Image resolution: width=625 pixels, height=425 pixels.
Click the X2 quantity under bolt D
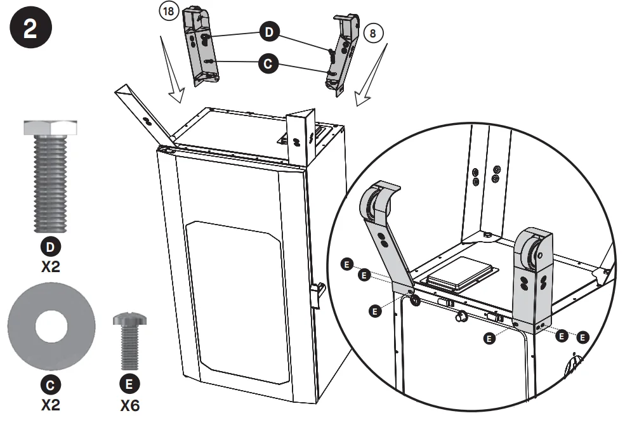tap(50, 266)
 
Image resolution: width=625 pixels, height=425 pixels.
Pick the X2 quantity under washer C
tap(50, 404)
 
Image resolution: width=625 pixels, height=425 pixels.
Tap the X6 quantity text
tap(129, 405)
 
